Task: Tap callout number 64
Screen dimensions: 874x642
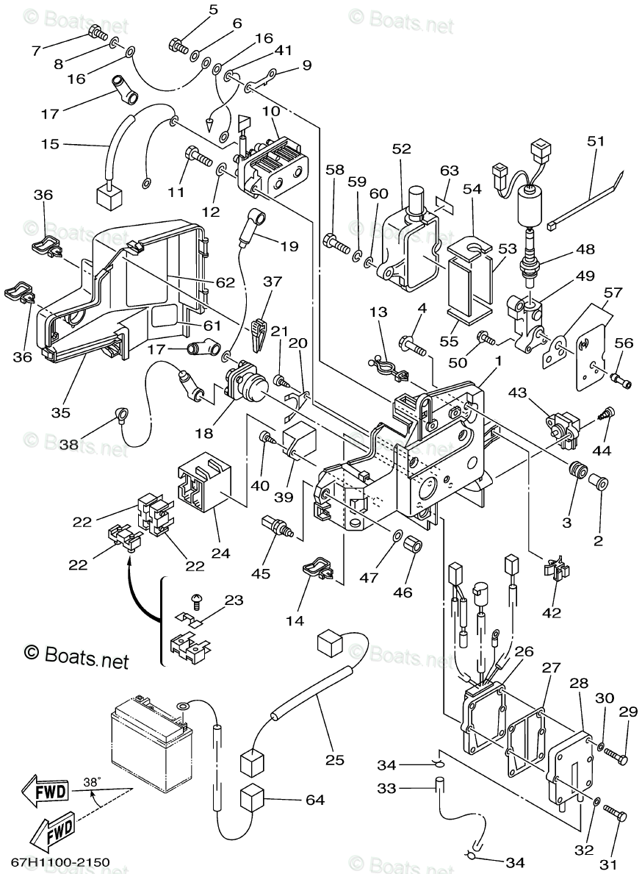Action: coord(315,800)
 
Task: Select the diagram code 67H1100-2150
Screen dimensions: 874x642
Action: coord(60,861)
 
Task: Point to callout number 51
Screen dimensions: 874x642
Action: coord(594,141)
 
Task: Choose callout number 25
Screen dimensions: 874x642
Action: coord(335,760)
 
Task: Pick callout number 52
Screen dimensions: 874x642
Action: coord(401,148)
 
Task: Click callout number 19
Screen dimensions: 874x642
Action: coord(289,246)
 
